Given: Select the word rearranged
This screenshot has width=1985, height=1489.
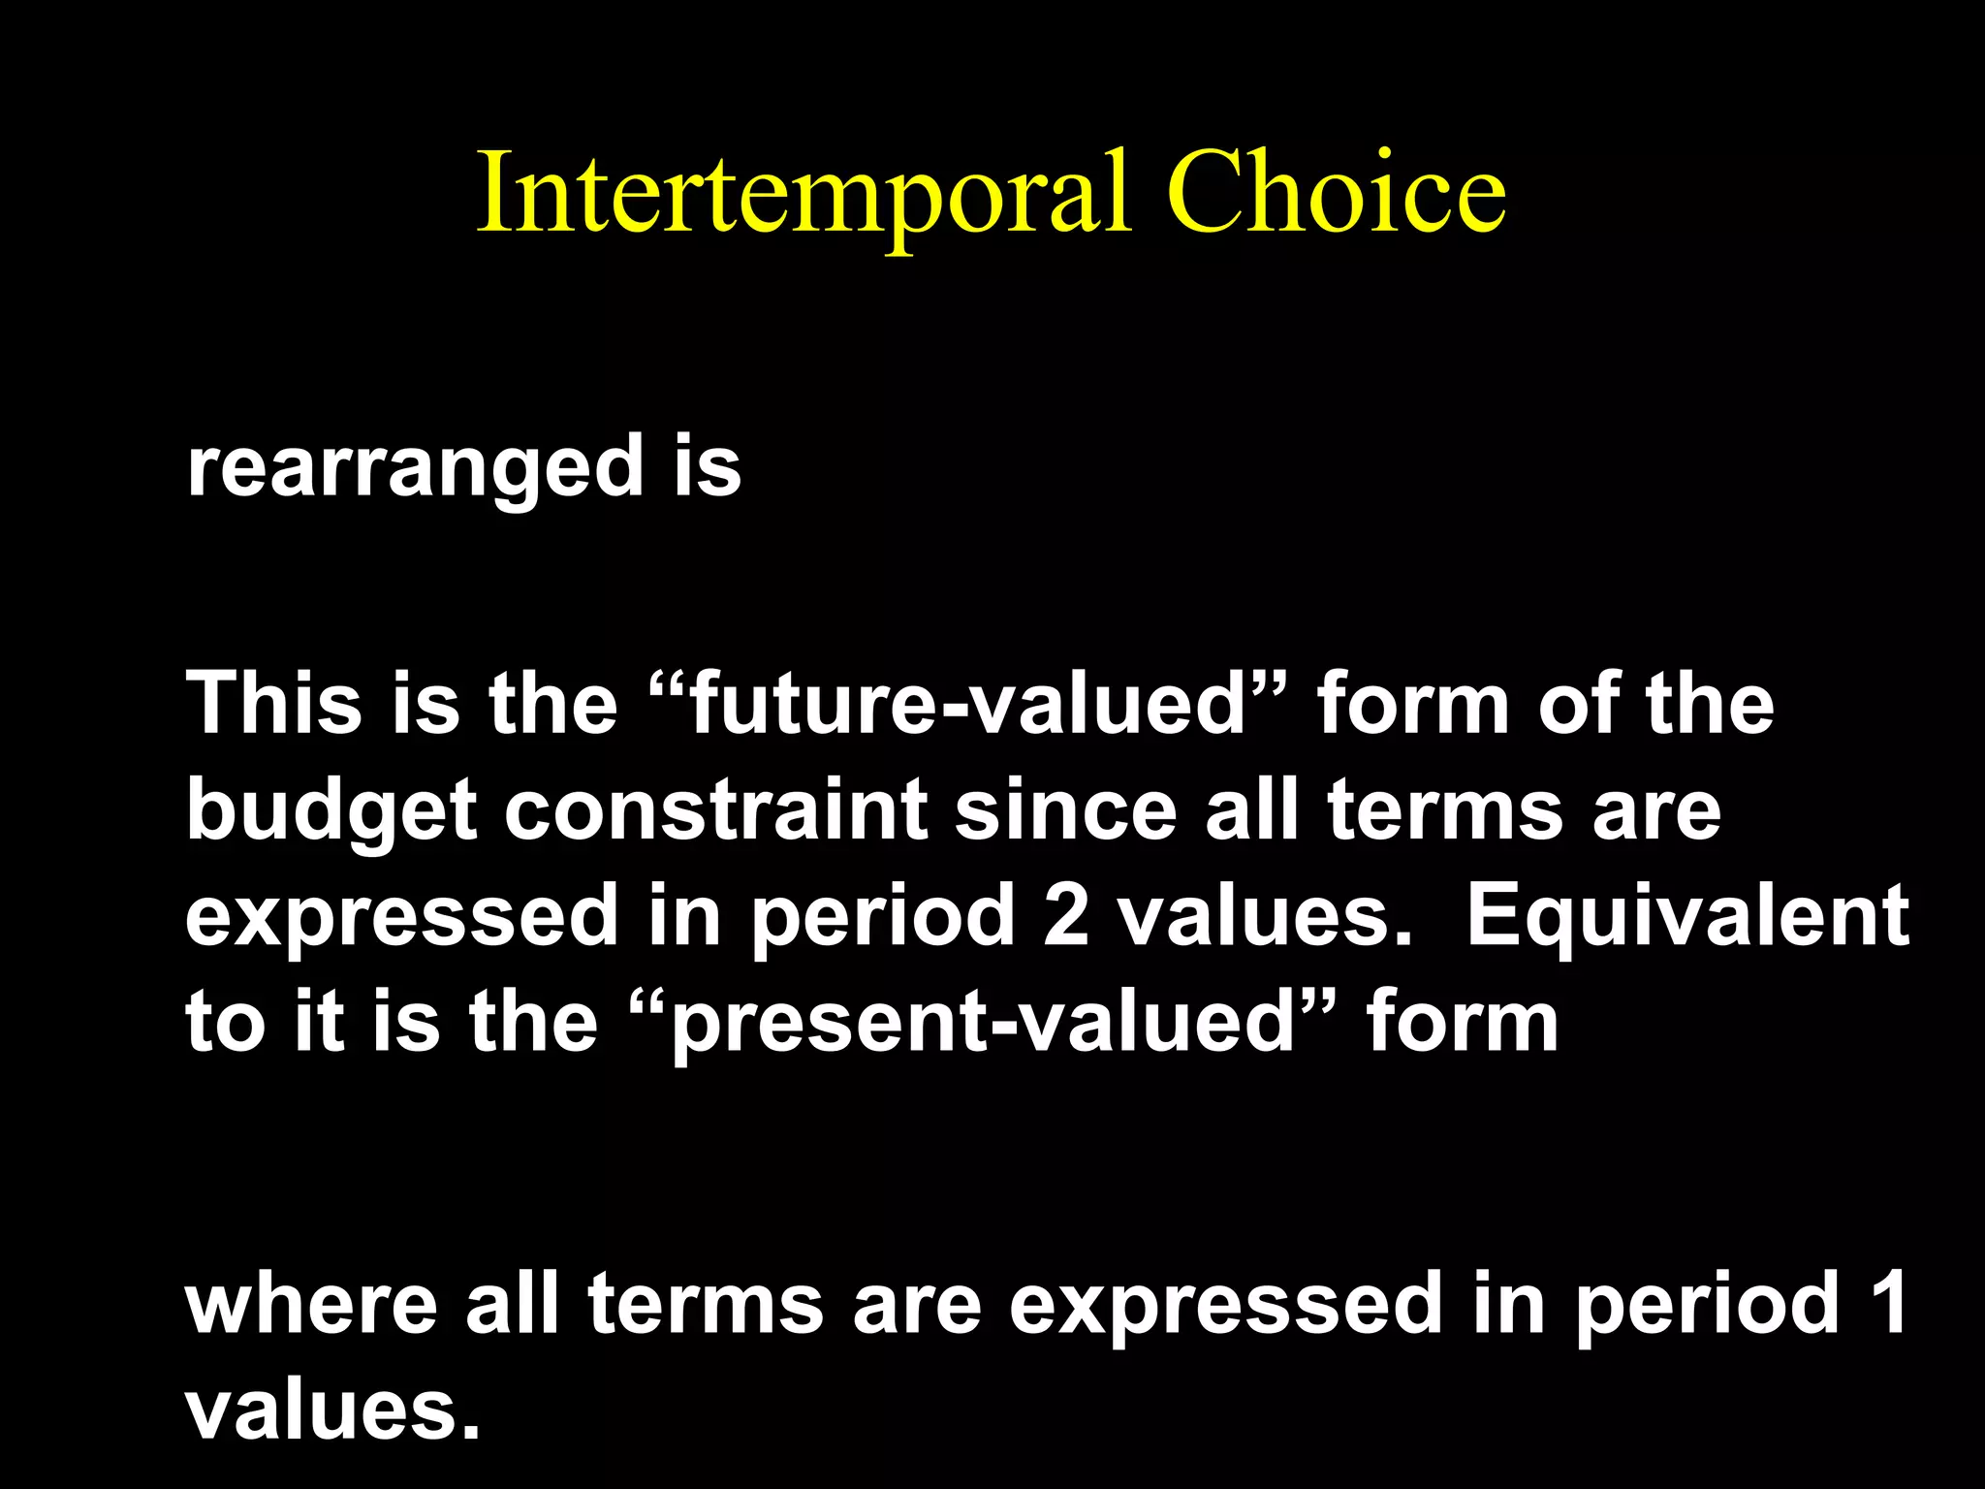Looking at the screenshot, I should tap(415, 467).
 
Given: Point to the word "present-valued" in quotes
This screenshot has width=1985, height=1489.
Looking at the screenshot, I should tap(983, 1022).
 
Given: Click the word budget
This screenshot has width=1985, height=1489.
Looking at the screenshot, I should tap(331, 811).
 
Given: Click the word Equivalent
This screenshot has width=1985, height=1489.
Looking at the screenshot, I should tap(1687, 915).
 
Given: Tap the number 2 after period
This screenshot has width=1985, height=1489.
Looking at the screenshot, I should tap(1065, 915).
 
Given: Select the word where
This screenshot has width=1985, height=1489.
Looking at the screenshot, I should tap(311, 1304).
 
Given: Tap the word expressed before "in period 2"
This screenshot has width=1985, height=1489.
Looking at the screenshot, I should tap(401, 917).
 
